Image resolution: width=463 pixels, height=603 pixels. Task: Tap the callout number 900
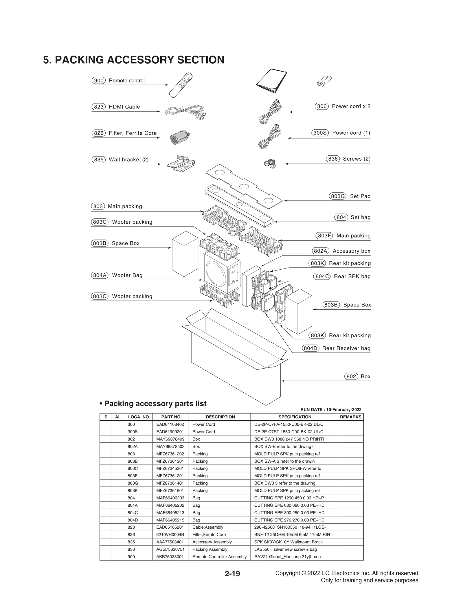tap(99, 80)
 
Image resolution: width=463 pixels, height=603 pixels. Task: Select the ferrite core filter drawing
tap(179, 138)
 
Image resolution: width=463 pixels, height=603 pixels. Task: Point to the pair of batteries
tap(324, 81)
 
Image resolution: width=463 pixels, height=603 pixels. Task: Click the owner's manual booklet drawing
tap(271, 81)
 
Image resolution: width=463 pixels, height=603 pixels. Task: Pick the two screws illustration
tap(270, 163)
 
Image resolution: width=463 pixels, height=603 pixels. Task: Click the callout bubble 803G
tap(337, 196)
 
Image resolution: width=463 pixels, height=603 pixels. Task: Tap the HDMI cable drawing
tap(185, 112)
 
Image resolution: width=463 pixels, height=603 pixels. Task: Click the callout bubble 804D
tap(310, 348)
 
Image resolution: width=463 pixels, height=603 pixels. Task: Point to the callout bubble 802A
tap(321, 251)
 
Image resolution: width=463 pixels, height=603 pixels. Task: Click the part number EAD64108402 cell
tap(170, 424)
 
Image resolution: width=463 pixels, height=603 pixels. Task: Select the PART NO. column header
tap(171, 417)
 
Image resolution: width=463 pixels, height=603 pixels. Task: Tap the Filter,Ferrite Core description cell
tap(209, 535)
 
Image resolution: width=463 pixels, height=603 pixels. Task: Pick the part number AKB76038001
tap(170, 557)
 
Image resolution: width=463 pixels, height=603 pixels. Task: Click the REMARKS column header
tap(350, 417)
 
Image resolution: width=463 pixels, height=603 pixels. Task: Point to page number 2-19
tap(232, 574)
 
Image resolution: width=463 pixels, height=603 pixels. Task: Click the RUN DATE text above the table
tap(331, 409)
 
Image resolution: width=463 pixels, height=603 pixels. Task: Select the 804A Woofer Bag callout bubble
tap(100, 275)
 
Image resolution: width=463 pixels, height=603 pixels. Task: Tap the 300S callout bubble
tap(320, 133)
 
